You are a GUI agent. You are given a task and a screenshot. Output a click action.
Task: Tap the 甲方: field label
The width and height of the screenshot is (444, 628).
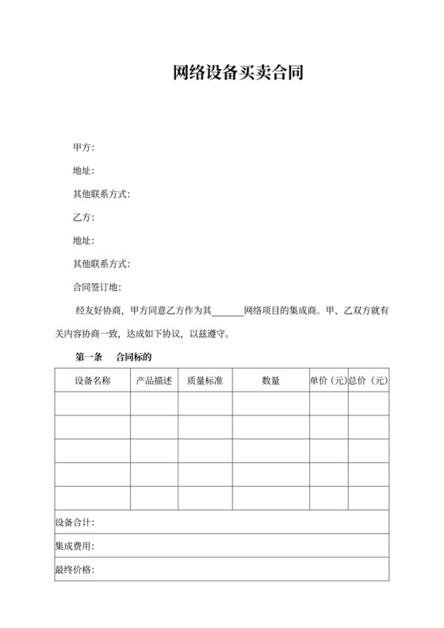83,147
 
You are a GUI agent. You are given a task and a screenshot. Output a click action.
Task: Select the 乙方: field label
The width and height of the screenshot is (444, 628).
83,217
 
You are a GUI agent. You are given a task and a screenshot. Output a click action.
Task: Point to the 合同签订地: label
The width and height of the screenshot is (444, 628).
96,287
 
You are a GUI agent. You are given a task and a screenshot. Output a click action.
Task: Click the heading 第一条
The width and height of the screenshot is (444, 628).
89,357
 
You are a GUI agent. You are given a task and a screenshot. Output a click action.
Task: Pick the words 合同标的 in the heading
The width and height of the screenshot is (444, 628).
133,357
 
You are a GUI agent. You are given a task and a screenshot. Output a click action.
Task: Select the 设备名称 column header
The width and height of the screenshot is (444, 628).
93,381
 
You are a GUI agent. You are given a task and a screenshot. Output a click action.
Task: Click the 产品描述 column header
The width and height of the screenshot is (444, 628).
154,381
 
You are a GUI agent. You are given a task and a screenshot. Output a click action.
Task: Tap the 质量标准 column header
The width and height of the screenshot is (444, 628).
205,381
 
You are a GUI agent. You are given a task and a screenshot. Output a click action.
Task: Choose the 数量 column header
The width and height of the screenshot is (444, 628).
270,381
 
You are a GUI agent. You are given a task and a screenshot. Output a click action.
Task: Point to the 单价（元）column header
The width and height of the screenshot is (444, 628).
328,381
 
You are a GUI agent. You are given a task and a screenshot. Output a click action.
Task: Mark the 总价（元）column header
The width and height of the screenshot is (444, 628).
369,381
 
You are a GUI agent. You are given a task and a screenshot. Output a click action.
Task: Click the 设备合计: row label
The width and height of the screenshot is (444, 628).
75,523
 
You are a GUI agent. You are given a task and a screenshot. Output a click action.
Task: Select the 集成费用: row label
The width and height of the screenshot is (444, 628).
75,547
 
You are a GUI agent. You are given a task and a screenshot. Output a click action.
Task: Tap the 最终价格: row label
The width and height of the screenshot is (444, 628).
75,570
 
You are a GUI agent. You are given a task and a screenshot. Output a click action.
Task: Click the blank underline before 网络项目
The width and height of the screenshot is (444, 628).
228,312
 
